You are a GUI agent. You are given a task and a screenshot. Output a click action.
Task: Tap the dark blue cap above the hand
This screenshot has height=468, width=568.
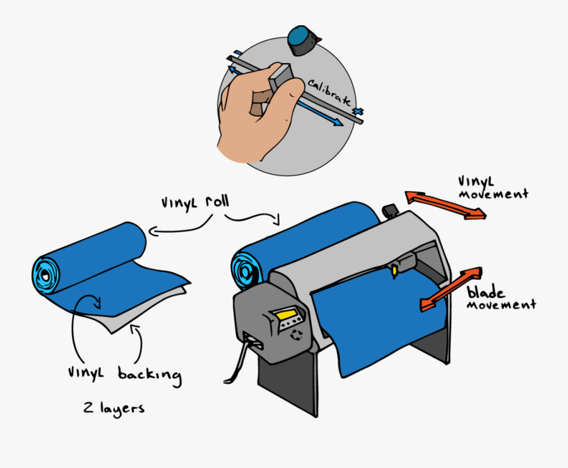(302, 40)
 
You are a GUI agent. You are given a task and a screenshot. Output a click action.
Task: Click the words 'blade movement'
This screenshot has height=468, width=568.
(502, 299)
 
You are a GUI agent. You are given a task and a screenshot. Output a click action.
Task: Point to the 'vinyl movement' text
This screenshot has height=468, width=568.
(493, 188)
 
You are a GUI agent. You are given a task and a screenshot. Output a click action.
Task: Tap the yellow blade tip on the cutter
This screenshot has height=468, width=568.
(395, 270)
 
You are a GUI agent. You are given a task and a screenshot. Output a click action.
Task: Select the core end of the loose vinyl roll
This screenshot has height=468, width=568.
(45, 273)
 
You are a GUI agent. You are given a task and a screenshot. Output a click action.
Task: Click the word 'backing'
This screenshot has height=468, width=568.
(150, 375)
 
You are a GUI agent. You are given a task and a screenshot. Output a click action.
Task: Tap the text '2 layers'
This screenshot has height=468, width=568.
(114, 408)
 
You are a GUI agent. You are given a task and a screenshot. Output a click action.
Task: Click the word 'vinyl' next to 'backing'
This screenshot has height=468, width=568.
(86, 373)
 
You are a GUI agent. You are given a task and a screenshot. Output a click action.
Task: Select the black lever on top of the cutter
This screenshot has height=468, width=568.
(389, 210)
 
